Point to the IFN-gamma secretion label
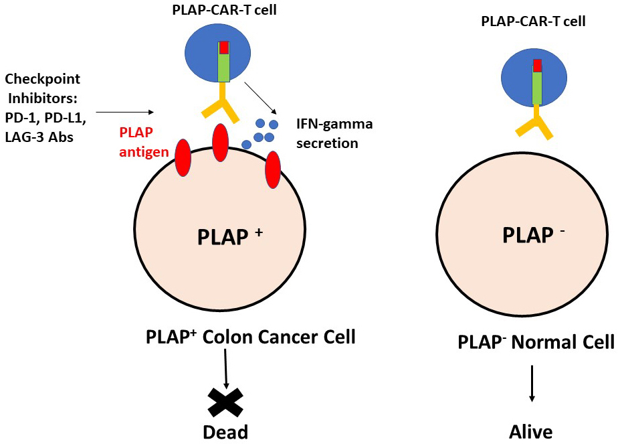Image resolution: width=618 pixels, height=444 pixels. (334, 133)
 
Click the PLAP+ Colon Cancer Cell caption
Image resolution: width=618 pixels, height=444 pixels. (250, 336)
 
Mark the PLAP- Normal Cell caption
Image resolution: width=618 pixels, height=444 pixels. (536, 342)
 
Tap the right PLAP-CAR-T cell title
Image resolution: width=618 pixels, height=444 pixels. (533, 21)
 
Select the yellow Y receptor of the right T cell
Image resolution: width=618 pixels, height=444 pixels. (535, 125)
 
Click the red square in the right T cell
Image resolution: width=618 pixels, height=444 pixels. (536, 66)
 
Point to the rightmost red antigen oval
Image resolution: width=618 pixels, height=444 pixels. (272, 170)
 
